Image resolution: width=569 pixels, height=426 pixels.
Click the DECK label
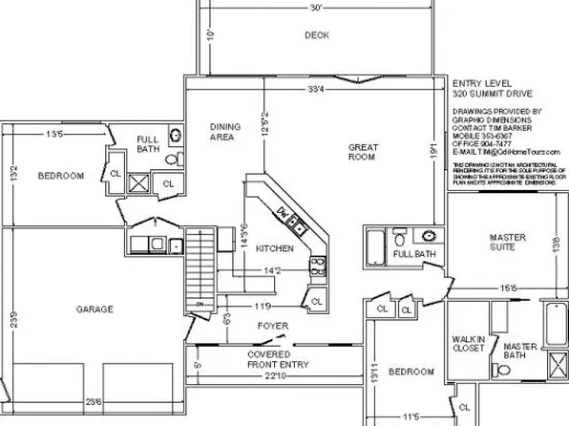pyautogui.click(x=316, y=35)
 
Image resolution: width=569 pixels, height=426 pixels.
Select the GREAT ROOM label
pyautogui.click(x=365, y=152)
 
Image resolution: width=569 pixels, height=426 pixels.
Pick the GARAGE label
pyautogui.click(x=95, y=309)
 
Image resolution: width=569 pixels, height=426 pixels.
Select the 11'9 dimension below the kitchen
pyautogui.click(x=263, y=306)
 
